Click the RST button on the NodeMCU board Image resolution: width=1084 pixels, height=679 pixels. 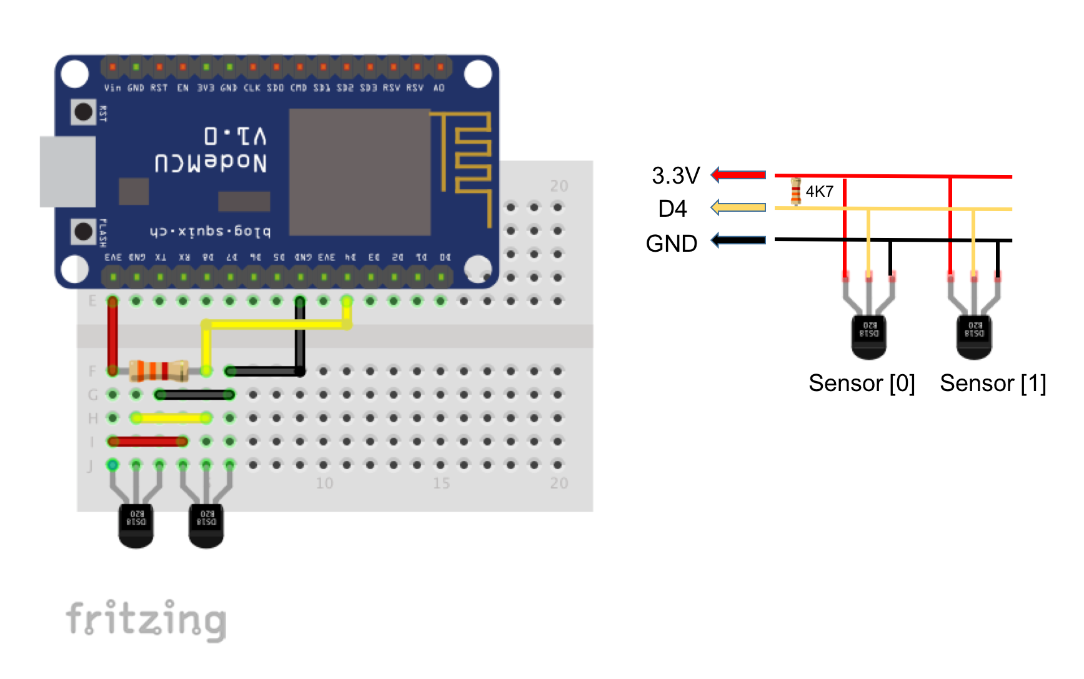point(83,112)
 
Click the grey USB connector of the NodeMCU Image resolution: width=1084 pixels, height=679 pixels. point(67,171)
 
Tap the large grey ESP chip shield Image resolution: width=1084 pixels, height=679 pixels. point(360,172)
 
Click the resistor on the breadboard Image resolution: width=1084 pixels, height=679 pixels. point(159,370)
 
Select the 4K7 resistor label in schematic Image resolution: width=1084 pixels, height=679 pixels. point(819,191)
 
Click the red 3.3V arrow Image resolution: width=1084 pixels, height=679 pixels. point(738,175)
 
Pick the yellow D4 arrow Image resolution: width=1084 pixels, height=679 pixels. point(738,207)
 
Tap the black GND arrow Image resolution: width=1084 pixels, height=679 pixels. point(738,240)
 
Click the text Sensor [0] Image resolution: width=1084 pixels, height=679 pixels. point(862,383)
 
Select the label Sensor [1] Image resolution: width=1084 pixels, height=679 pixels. point(993,383)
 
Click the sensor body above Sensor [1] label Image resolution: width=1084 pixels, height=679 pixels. point(974,336)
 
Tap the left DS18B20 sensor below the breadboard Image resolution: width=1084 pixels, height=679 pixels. point(136,525)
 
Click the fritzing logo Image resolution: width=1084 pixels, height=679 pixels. point(146,620)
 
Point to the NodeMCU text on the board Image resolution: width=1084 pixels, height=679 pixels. point(211,163)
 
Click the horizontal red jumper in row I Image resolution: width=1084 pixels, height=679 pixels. point(147,442)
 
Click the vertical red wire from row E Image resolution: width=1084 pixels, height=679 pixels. point(112,335)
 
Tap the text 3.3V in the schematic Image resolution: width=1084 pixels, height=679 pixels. point(675,176)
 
